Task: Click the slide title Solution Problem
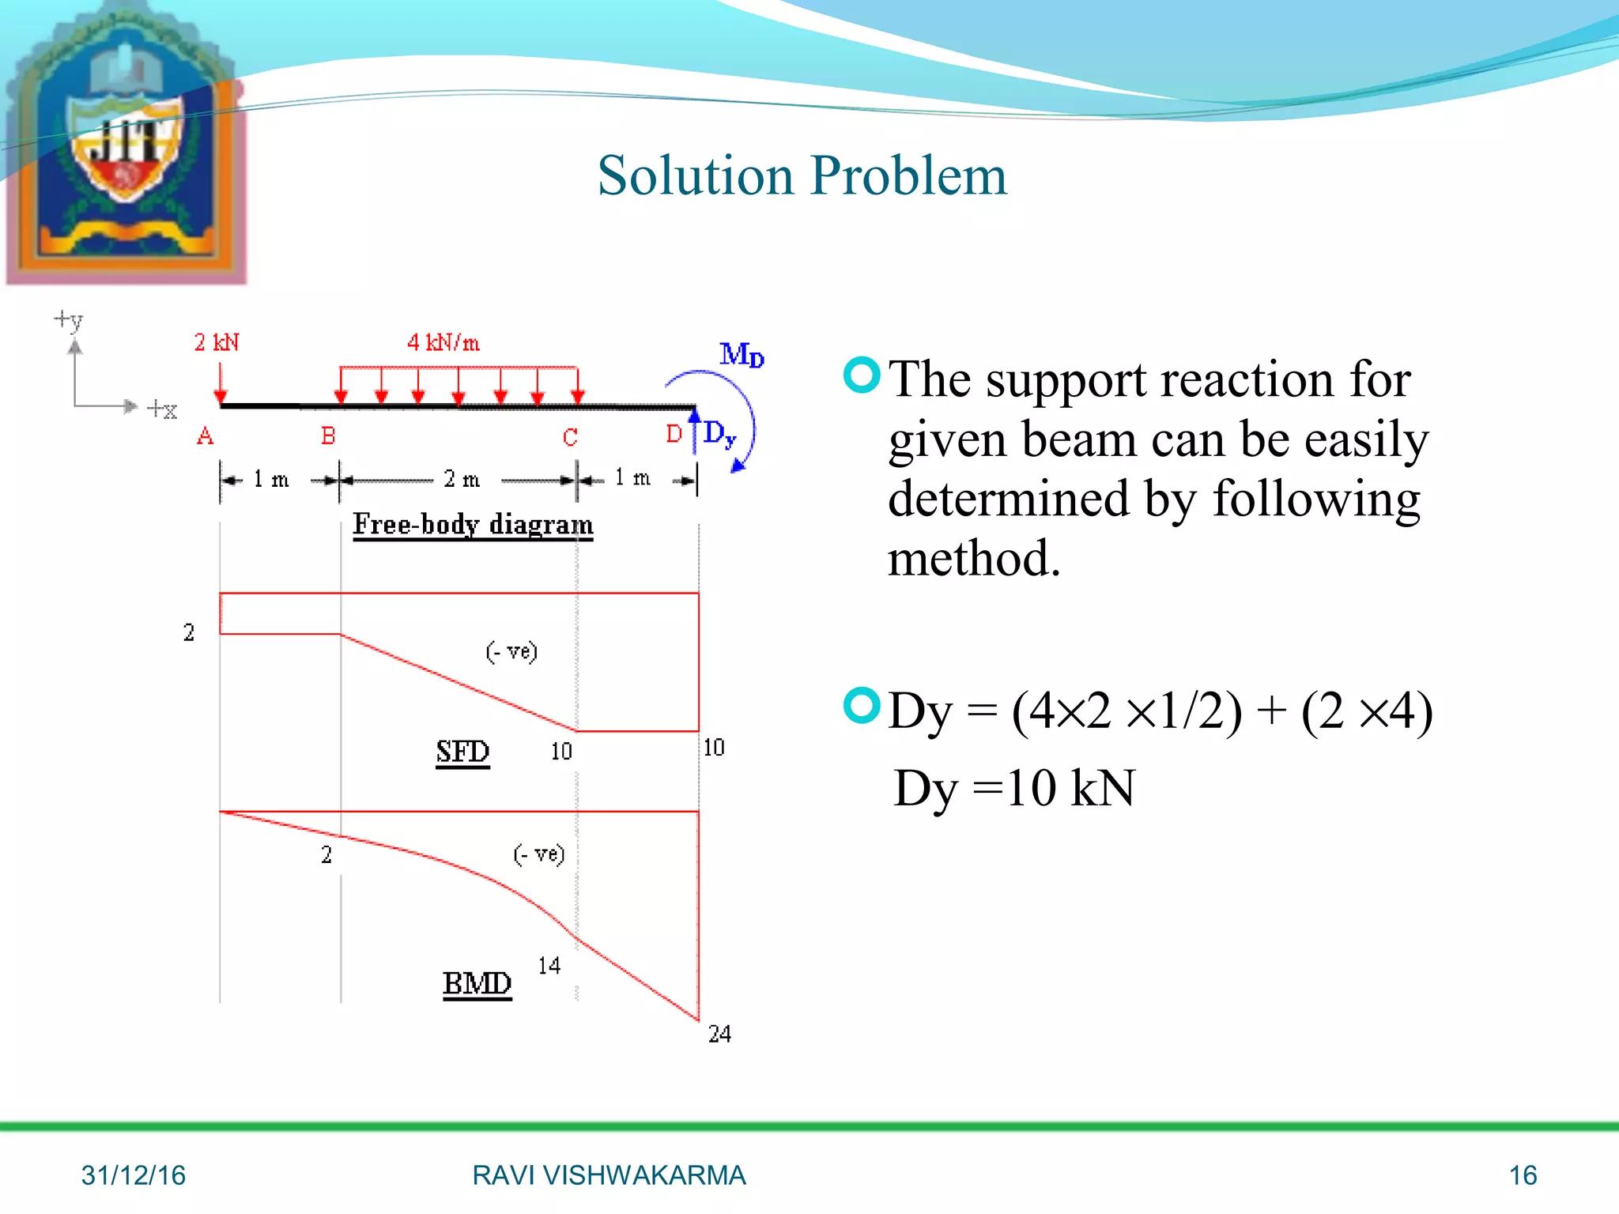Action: [x=802, y=175]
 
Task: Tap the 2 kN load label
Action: [x=217, y=342]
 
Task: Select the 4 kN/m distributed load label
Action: [x=443, y=342]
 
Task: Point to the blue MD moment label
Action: [x=741, y=354]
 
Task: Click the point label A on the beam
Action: [x=205, y=435]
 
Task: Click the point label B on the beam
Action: [x=328, y=435]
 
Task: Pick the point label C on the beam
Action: [x=570, y=437]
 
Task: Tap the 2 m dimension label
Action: [x=462, y=479]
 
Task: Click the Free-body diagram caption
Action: [x=473, y=524]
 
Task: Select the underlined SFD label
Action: [x=462, y=751]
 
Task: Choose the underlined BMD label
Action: [x=477, y=983]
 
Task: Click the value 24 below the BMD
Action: [x=719, y=1034]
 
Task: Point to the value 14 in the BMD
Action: [x=549, y=965]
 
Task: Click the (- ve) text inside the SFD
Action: [x=511, y=651]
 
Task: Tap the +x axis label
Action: [x=162, y=409]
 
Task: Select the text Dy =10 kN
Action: [x=1013, y=788]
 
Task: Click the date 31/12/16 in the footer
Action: [x=133, y=1175]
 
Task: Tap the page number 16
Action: [x=1523, y=1175]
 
